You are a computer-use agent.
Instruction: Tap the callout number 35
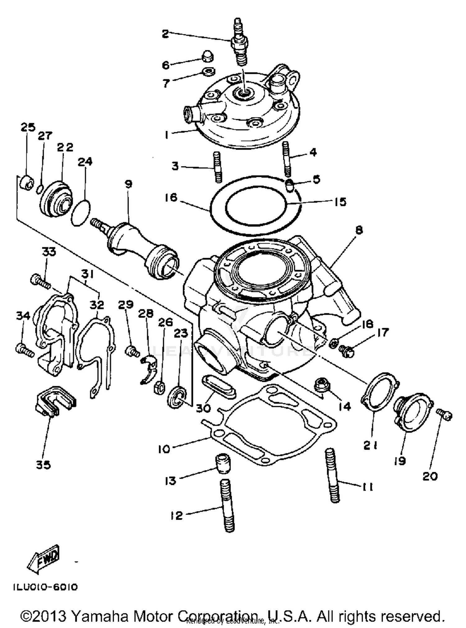point(43,465)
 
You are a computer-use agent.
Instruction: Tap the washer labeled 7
point(208,72)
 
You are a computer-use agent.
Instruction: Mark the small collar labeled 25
point(26,183)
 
